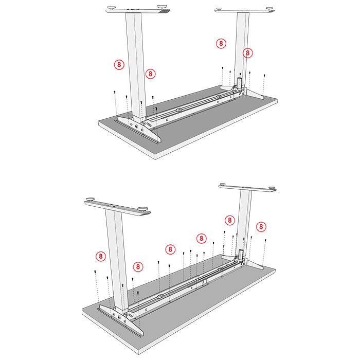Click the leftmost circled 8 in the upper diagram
tap(119, 64)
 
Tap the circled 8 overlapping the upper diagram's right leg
tap(248, 53)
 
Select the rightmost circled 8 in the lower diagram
tap(261, 227)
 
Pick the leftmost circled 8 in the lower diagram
tap(101, 256)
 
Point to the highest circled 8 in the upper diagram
tap(221, 43)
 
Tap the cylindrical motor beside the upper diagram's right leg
tap(239, 83)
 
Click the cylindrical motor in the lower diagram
tap(241, 255)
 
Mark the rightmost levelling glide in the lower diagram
tap(272, 188)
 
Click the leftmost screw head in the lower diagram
tap(95, 272)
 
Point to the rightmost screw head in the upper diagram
tap(264, 75)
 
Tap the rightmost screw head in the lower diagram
tap(266, 240)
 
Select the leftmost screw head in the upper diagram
tap(115, 92)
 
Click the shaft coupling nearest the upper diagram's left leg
tap(178, 111)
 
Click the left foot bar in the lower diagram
tap(117, 208)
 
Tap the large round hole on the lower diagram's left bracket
tap(119, 317)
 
